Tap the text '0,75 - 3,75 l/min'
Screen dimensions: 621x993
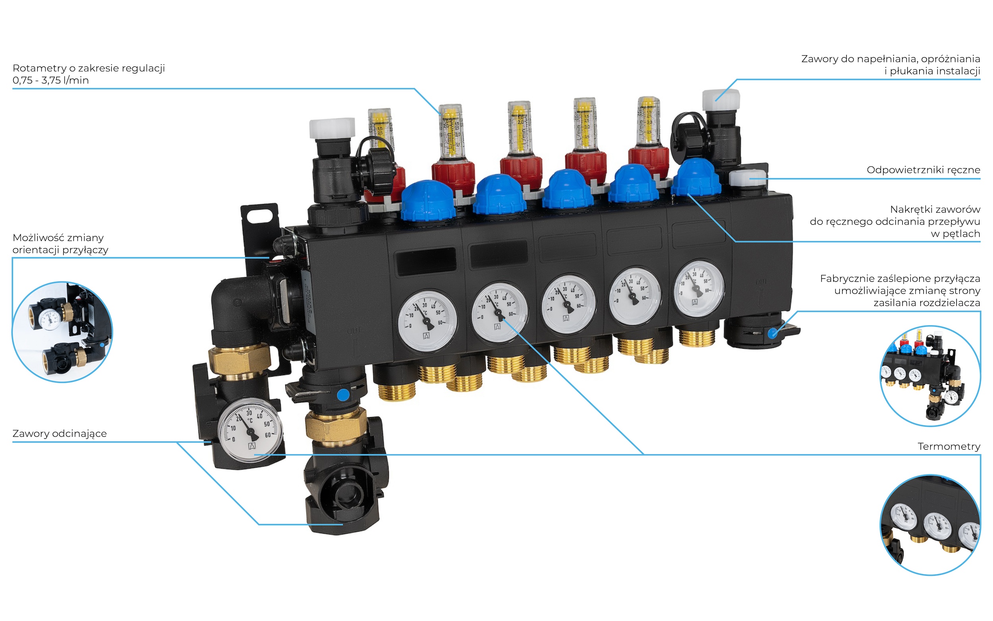point(50,80)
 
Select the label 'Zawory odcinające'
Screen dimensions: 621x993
point(60,434)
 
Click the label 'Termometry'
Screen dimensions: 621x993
point(949,446)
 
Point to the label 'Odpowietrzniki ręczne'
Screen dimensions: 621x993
point(923,170)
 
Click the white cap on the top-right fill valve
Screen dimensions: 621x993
point(721,99)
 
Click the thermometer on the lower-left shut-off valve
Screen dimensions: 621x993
point(250,430)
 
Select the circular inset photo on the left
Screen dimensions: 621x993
point(62,332)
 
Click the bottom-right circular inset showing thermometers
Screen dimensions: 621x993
point(930,525)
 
